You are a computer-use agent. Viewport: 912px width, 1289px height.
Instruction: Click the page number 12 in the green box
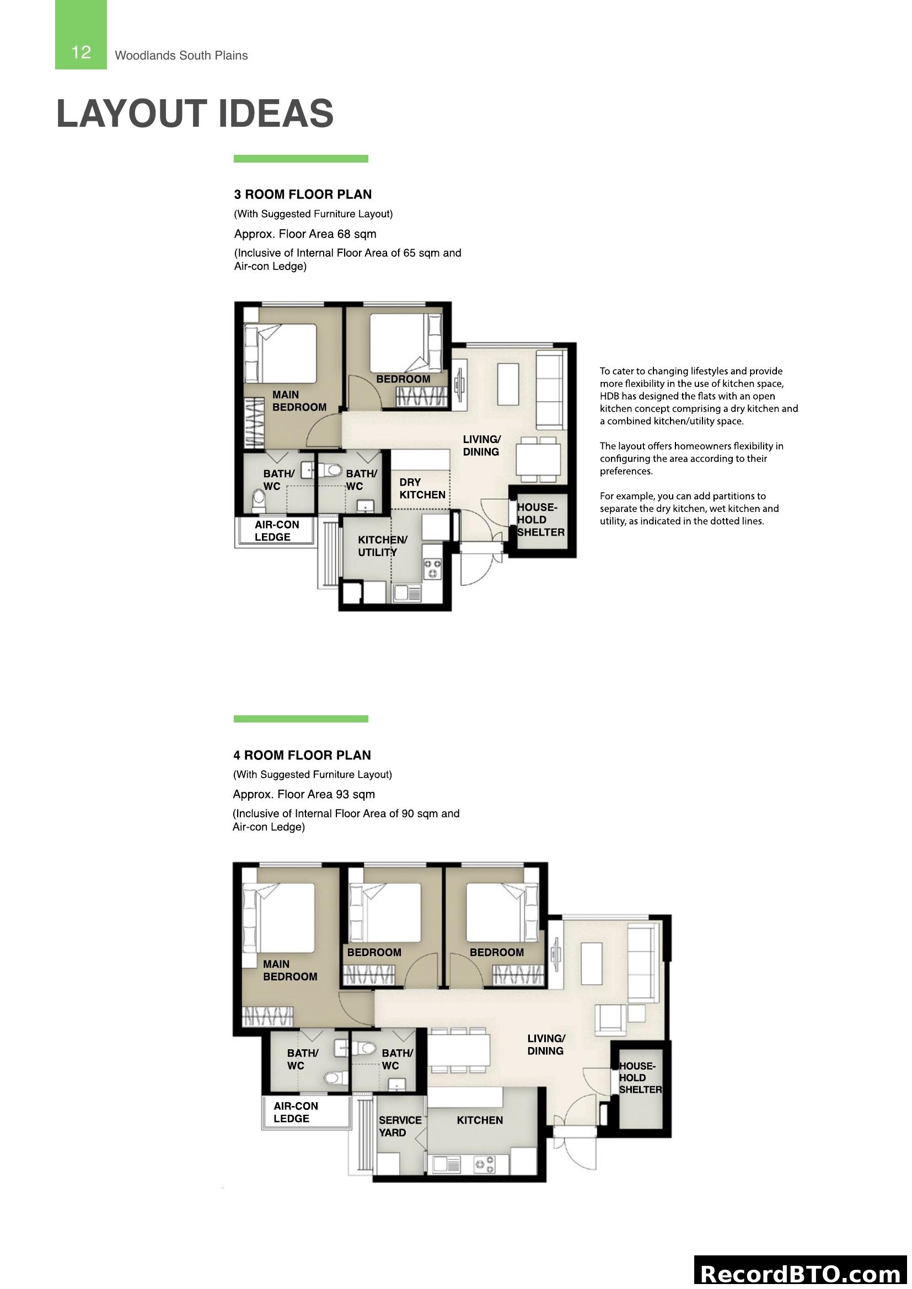pyautogui.click(x=81, y=52)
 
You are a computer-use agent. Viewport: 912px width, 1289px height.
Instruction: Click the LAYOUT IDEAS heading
pyautogui.click(x=195, y=114)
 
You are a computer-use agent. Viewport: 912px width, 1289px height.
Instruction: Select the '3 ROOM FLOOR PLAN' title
pyautogui.click(x=303, y=194)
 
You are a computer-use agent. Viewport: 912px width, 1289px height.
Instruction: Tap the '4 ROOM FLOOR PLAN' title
pyautogui.click(x=302, y=755)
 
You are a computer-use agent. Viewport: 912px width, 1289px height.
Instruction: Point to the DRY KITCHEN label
pyautogui.click(x=422, y=488)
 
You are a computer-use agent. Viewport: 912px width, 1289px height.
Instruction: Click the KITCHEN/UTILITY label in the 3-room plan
pyautogui.click(x=382, y=546)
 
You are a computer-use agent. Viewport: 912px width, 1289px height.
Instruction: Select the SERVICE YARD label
pyautogui.click(x=399, y=1126)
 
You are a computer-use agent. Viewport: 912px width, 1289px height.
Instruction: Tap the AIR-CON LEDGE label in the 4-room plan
pyautogui.click(x=296, y=1112)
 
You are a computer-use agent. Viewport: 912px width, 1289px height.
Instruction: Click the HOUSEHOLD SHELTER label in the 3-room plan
pyautogui.click(x=540, y=519)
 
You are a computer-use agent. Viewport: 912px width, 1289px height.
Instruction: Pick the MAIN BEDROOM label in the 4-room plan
pyautogui.click(x=290, y=970)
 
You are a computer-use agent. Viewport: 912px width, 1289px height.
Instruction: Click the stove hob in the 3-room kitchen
pyautogui.click(x=432, y=568)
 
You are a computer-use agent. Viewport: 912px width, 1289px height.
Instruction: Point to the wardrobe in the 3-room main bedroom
pyautogui.click(x=254, y=423)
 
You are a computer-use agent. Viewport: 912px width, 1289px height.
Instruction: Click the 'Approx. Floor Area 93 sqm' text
pyautogui.click(x=304, y=794)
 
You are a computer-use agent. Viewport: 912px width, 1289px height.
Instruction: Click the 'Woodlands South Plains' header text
pyautogui.click(x=181, y=56)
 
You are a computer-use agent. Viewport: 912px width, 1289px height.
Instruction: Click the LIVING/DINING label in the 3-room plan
pyautogui.click(x=481, y=445)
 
